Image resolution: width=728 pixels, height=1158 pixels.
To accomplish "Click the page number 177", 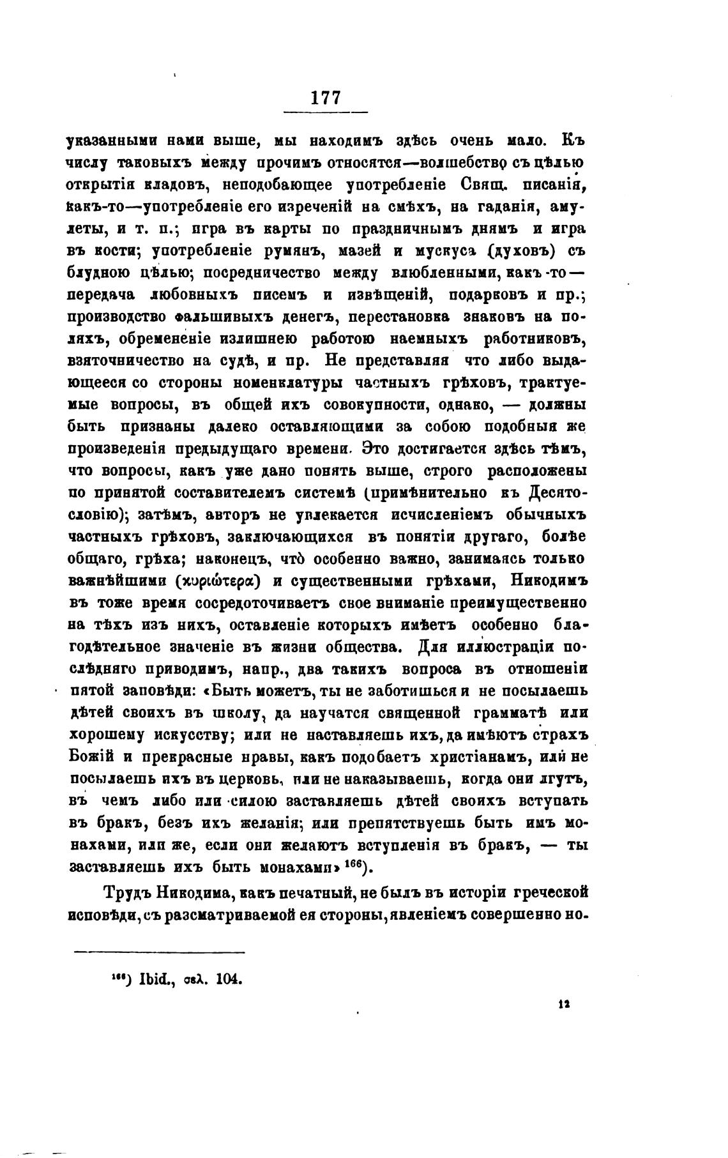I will pyautogui.click(x=326, y=98).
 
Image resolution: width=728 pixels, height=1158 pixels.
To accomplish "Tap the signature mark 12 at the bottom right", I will pyautogui.click(x=564, y=1003).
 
